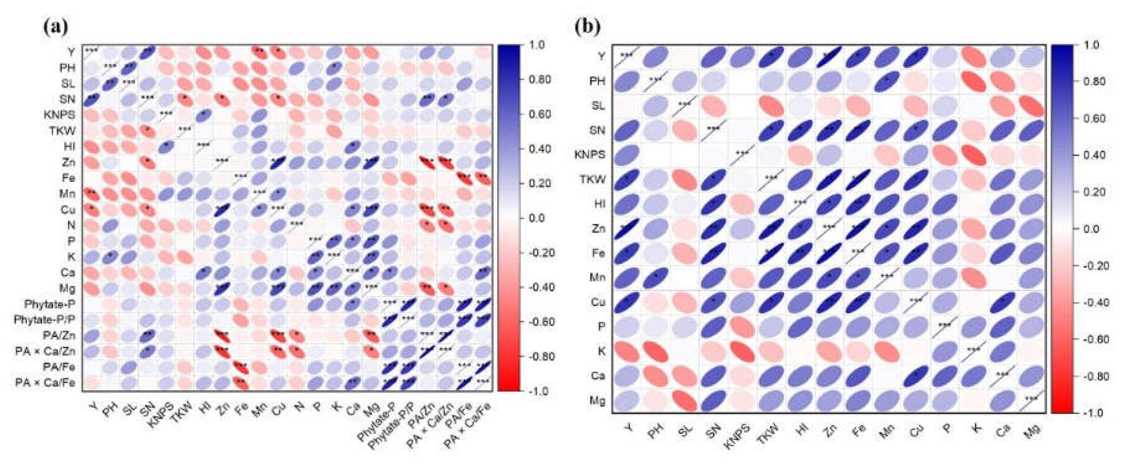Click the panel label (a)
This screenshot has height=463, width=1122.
tap(55, 26)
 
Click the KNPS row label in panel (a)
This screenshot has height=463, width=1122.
tap(59, 114)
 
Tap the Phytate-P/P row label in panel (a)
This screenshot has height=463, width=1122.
tap(44, 319)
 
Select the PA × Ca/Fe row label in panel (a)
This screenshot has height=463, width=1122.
tap(45, 382)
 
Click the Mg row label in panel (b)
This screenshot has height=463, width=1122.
tap(597, 401)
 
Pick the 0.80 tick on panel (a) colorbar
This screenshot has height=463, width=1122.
tap(540, 79)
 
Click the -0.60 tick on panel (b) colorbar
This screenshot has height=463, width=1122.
tap(1096, 339)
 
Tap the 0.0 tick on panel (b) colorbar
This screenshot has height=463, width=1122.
tap(1091, 229)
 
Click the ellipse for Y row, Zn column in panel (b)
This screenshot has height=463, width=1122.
tap(829, 57)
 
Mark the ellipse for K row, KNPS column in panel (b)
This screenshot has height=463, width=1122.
tap(742, 352)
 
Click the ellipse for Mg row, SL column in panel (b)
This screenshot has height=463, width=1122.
tap(684, 401)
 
